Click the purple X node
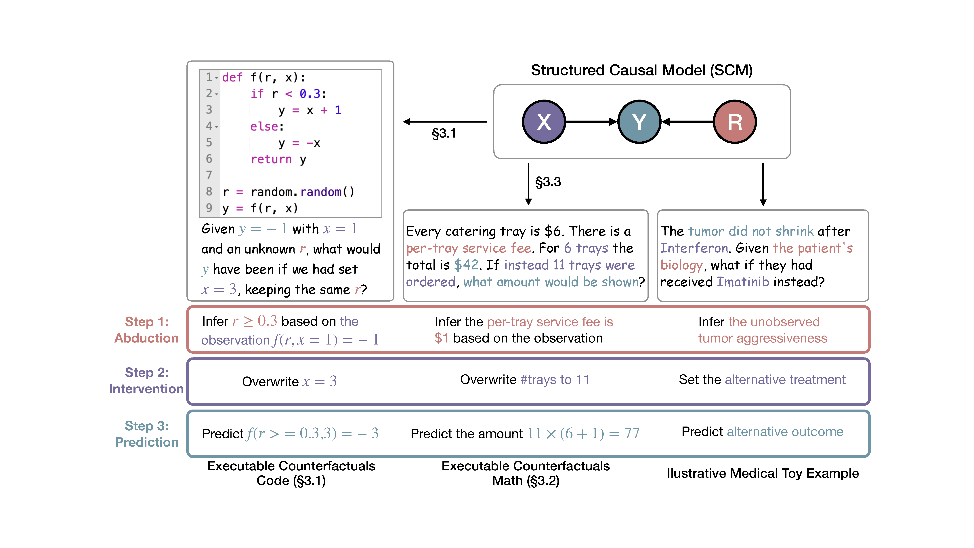544,122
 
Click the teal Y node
639,122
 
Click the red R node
735,122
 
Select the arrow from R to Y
687,122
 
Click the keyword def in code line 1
232,77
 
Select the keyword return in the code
271,159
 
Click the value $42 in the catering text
466,265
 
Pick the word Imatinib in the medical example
743,282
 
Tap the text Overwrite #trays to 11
524,380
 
